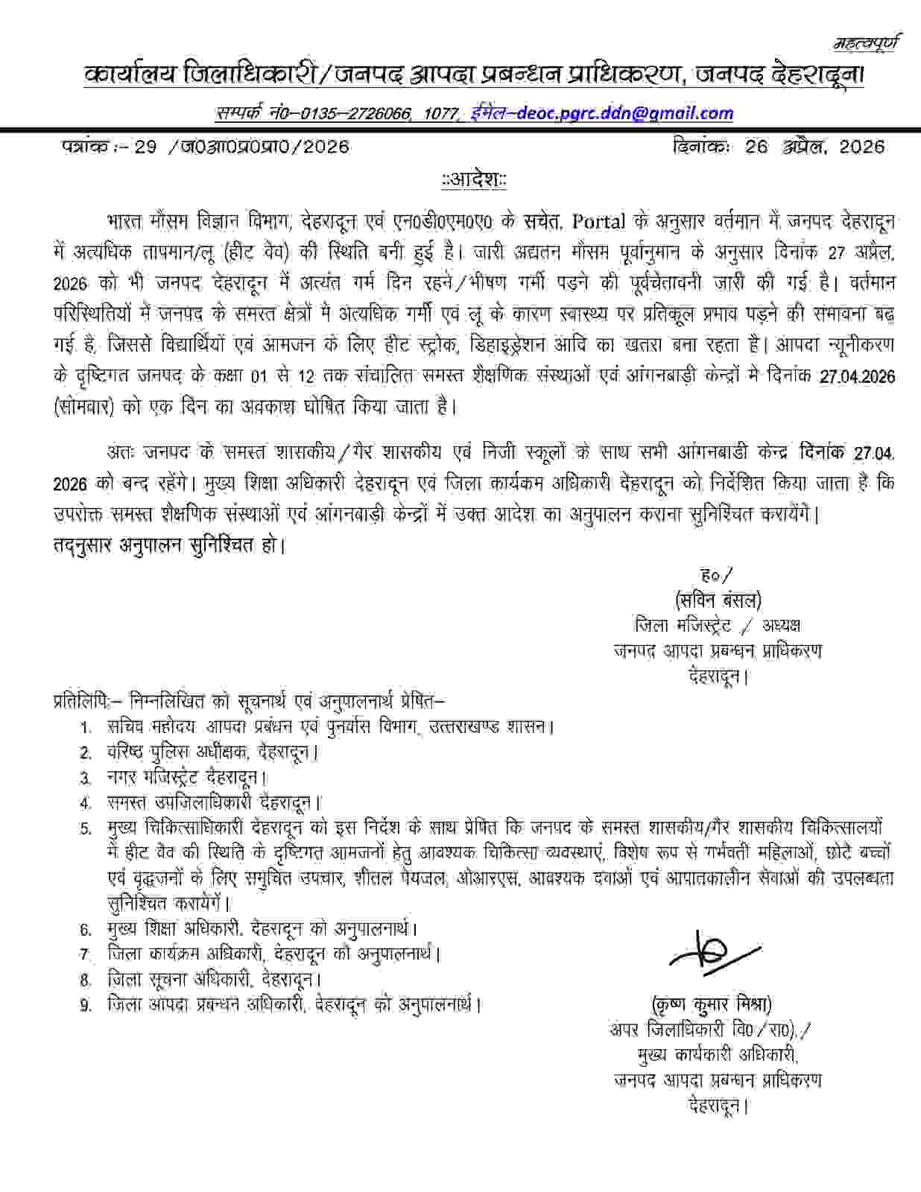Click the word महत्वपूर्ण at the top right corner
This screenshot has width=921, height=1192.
(x=866, y=43)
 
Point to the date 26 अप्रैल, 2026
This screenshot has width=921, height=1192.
(x=814, y=147)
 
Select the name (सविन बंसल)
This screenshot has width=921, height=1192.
(x=717, y=600)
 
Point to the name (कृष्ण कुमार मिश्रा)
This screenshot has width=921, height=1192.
(x=710, y=1003)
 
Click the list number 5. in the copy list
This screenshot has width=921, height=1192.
(x=86, y=828)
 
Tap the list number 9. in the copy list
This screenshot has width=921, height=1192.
(x=86, y=1005)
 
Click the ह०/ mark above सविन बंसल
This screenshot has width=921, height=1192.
(x=717, y=574)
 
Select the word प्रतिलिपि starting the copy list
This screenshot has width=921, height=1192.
(x=81, y=702)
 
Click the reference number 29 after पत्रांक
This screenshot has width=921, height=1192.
(x=145, y=147)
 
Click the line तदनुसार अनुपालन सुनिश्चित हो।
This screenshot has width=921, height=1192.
(x=170, y=545)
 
